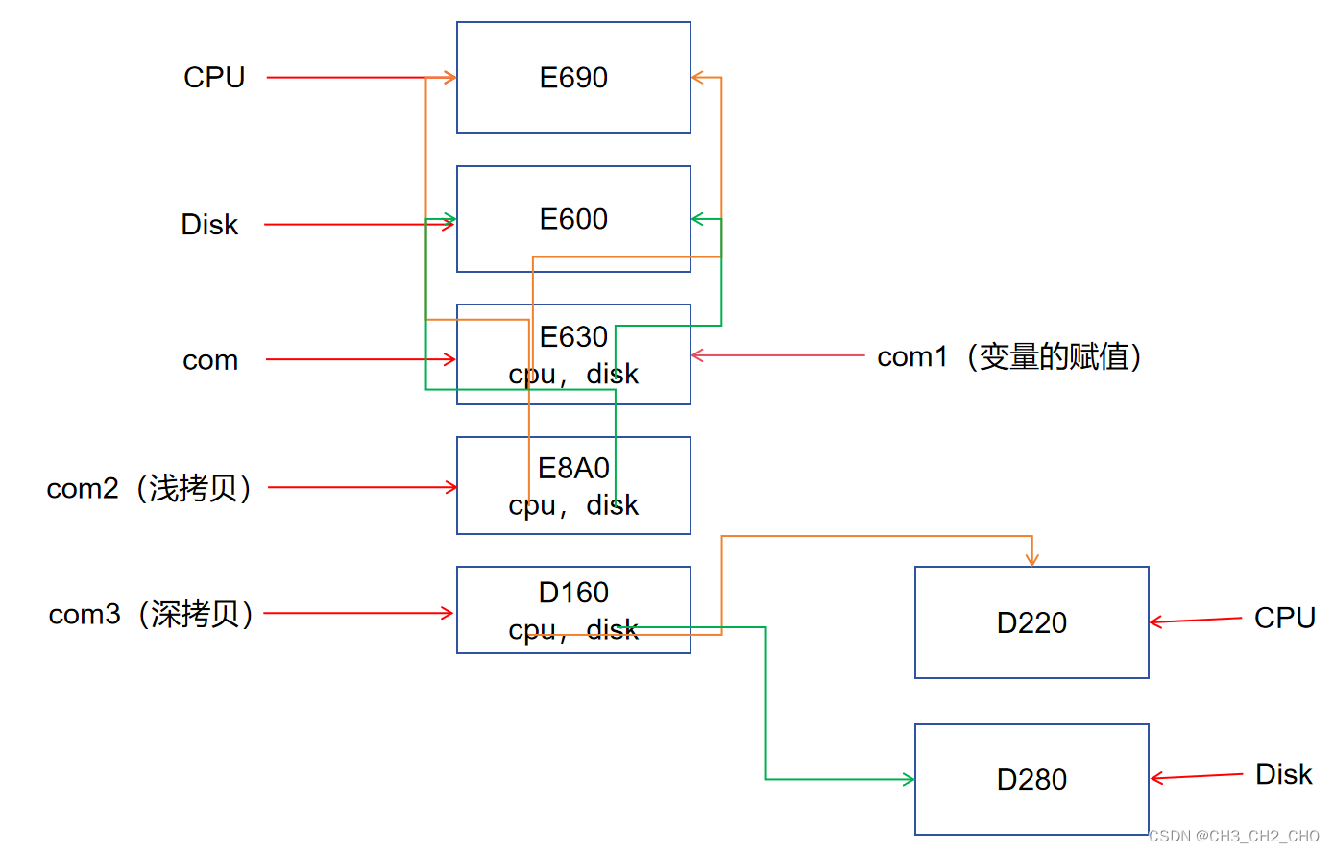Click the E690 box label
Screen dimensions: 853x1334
click(573, 78)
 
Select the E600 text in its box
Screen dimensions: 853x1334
click(573, 219)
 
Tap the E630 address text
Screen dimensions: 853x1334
click(573, 337)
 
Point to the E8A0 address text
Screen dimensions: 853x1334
click(573, 468)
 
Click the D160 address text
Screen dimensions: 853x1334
click(573, 593)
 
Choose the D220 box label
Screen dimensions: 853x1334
click(1031, 623)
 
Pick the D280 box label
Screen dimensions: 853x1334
click(1031, 780)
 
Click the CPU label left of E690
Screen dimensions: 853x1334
click(214, 78)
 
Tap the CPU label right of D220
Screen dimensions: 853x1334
click(1284, 618)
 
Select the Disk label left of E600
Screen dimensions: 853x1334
click(209, 225)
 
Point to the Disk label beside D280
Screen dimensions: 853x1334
click(1283, 774)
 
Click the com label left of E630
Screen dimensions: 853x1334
click(210, 360)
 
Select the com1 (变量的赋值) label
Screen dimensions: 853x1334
click(1009, 356)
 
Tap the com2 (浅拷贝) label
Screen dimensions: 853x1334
click(150, 488)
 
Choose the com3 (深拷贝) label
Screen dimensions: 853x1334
click(152, 614)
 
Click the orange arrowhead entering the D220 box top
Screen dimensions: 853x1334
click(1031, 560)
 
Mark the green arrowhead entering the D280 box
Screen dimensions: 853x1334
click(908, 779)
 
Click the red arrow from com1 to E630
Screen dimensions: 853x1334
click(778, 355)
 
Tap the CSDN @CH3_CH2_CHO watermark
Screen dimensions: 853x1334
click(1234, 836)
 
